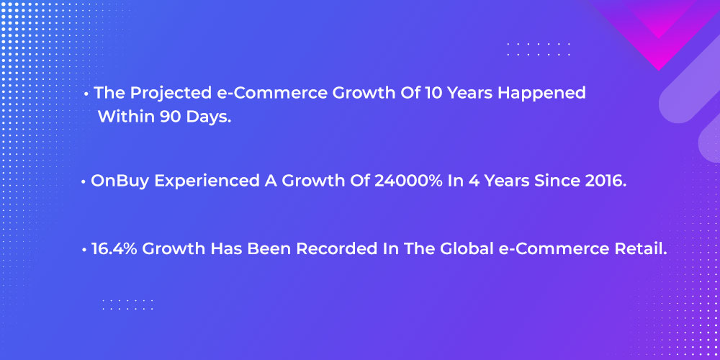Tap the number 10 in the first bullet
(x=434, y=93)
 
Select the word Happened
(x=542, y=94)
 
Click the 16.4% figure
(x=114, y=249)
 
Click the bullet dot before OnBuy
(x=84, y=182)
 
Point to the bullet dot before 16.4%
(x=84, y=251)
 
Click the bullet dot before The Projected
(x=86, y=94)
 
